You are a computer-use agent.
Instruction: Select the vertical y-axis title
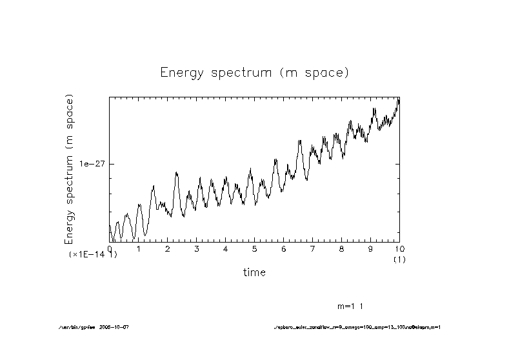point(69,169)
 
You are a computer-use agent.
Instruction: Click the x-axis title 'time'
point(254,272)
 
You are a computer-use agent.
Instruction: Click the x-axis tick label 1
point(139,249)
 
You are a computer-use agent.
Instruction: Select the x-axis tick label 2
point(168,249)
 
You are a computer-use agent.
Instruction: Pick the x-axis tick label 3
point(197,249)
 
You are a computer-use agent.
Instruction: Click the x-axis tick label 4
point(226,249)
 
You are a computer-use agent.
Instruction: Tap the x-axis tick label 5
point(255,249)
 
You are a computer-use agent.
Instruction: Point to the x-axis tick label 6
point(284,249)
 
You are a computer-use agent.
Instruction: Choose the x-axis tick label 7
point(313,249)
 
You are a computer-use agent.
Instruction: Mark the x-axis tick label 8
point(342,249)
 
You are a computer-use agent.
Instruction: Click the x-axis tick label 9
point(371,249)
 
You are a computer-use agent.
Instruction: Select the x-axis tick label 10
point(399,249)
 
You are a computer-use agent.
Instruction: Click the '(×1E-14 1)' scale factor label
point(93,255)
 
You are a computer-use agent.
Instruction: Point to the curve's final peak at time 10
point(399,99)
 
